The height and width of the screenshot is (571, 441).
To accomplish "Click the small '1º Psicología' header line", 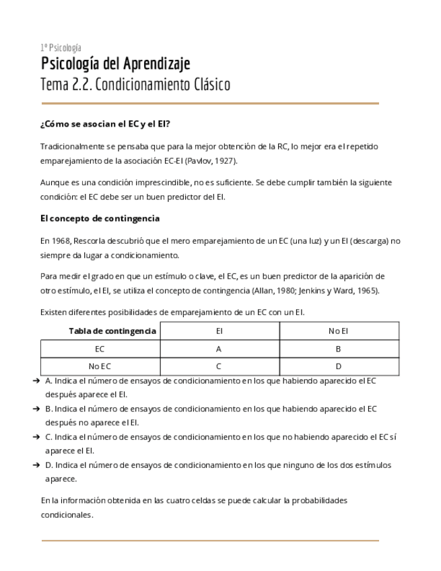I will (x=61, y=47).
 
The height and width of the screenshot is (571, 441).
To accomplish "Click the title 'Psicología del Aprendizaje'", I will (x=115, y=64).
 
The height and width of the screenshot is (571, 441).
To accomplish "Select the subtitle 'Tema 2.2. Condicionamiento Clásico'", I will (x=135, y=85).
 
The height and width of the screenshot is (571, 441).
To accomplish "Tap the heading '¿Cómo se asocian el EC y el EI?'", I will (x=104, y=124).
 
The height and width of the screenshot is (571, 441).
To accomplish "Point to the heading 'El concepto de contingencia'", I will (x=100, y=219).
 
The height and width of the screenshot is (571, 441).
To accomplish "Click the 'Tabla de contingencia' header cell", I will (x=112, y=331).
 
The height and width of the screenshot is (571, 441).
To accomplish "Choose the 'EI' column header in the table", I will (x=219, y=331).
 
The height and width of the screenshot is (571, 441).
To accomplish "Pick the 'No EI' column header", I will (x=338, y=331).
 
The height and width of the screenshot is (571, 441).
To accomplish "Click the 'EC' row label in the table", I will (x=100, y=349).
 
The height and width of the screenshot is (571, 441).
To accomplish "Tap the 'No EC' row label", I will (x=100, y=366).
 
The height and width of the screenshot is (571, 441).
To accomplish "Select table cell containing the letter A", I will (x=219, y=349).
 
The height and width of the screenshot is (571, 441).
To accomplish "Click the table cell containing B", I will (x=338, y=349).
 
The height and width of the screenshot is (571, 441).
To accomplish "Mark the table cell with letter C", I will (x=219, y=366).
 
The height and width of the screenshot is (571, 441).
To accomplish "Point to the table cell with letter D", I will (x=338, y=366).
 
